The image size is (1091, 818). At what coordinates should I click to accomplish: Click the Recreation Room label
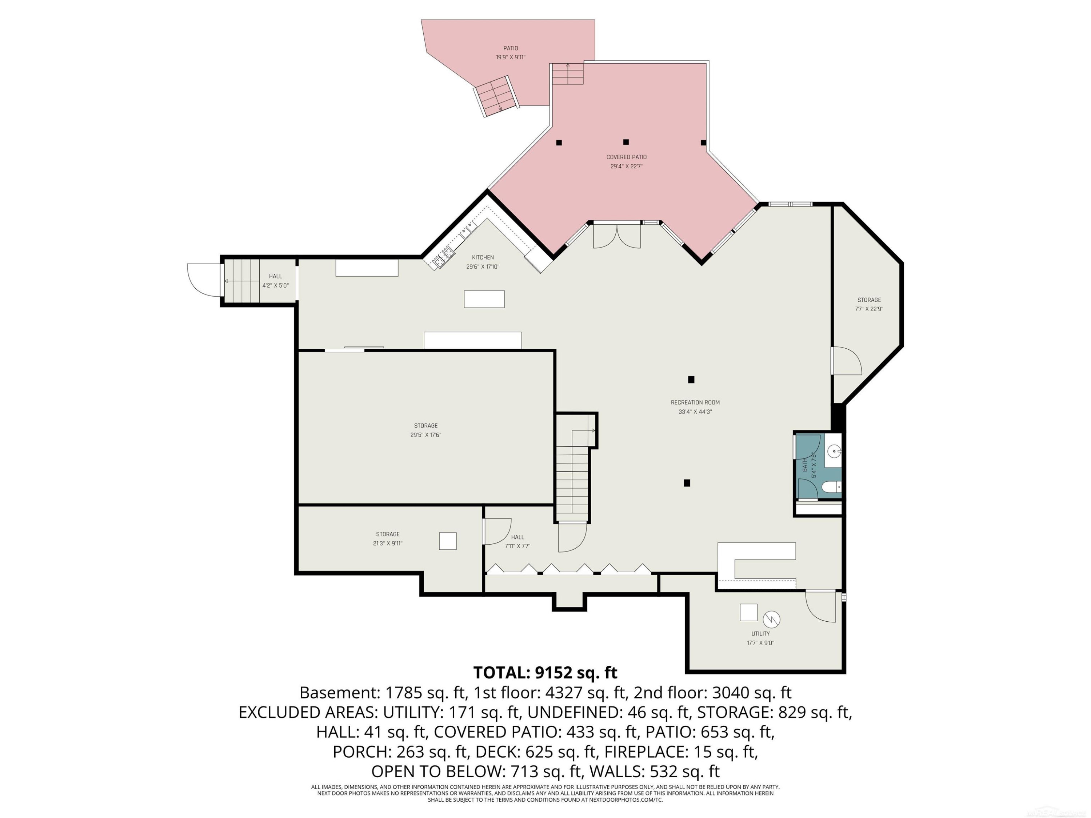pos(695,402)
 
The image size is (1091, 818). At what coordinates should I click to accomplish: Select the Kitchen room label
pos(483,257)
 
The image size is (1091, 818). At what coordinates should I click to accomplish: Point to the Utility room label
pos(760,634)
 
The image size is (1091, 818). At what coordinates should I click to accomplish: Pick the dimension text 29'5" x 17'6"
pos(425,435)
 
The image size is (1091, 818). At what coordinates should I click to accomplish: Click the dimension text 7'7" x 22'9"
pos(869,309)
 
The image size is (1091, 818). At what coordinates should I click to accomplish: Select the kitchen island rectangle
pos(484,299)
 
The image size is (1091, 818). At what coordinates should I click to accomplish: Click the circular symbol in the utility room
pos(771,619)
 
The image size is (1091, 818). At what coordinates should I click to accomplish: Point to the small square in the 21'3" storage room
pos(448,541)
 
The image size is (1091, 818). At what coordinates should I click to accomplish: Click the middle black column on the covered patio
pos(626,142)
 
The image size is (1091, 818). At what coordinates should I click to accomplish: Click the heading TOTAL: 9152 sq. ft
pos(545,673)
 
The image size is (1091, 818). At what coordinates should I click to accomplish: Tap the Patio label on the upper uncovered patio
pos(511,48)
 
